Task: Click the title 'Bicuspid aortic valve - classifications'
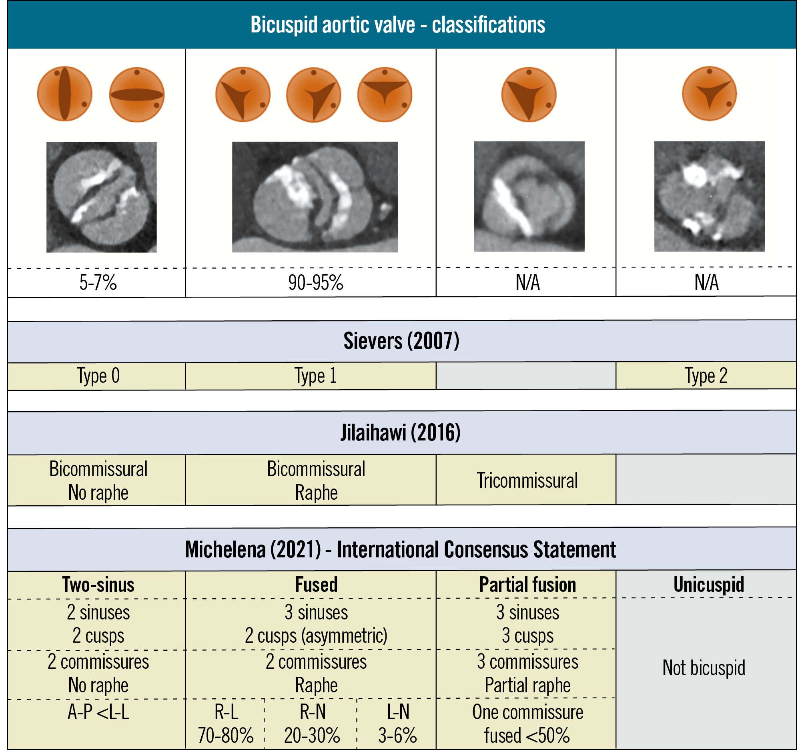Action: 397,25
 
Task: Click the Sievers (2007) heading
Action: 401,341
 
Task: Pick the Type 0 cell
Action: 98,376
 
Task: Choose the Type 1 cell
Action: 315,376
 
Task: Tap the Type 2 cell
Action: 706,376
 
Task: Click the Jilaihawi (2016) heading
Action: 400,433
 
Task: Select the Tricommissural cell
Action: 527,481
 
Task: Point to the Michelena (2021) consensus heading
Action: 400,550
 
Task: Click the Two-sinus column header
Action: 98,585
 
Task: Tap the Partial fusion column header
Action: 527,585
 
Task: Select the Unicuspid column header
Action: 709,585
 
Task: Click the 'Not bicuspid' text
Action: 704,668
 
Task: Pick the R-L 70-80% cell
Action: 226,724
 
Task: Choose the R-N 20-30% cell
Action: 312,724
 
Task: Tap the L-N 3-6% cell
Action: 397,724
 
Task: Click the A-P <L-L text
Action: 98,713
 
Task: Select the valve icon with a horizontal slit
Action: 137,95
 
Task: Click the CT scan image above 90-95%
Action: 315,197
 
